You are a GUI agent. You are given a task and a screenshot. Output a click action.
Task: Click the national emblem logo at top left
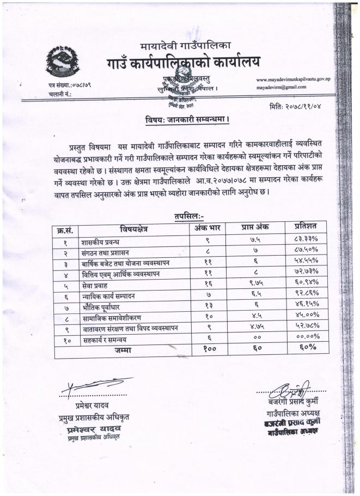click(63, 62)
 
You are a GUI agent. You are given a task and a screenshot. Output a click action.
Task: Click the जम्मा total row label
click(122, 350)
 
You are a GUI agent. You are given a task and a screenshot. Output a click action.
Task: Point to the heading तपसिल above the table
click(189, 216)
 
